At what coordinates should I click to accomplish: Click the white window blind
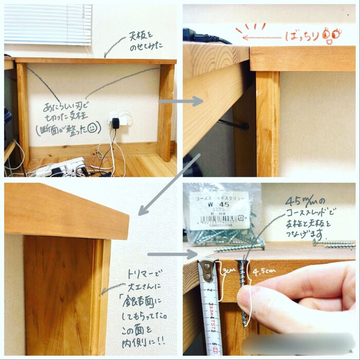[48, 24]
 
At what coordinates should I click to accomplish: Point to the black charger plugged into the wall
[116, 123]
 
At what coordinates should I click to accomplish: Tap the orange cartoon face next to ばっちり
[332, 35]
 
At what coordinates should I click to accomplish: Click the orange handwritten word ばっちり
[304, 36]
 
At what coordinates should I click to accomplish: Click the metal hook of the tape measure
[207, 266]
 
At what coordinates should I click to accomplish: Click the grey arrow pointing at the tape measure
[172, 254]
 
